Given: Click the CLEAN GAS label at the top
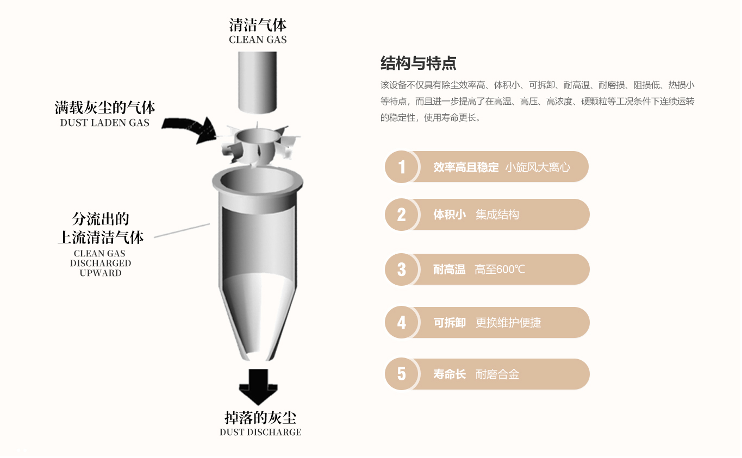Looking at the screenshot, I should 258,40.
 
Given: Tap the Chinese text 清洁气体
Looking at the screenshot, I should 258,25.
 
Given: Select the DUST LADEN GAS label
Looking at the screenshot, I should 104,123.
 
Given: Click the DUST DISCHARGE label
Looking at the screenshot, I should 260,432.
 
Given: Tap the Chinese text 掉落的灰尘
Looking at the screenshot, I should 260,418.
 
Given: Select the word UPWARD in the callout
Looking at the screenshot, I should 101,273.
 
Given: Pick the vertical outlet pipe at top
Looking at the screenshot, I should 257,81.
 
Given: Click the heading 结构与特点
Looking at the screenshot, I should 418,64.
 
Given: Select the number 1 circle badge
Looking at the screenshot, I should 401,167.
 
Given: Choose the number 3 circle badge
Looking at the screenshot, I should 401,269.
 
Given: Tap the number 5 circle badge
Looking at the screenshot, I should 401,374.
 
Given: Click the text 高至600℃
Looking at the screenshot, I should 500,269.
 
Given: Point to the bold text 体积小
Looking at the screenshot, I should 449,215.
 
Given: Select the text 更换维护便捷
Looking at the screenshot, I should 508,323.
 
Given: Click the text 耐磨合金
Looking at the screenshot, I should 497,374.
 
